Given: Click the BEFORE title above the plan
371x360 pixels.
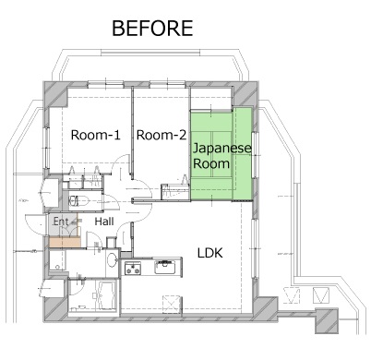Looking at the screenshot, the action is click(152, 29).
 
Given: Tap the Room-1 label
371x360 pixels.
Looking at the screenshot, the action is click(96, 135).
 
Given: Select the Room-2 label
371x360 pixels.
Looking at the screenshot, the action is click(162, 135).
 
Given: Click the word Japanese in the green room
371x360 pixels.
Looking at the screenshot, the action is click(222, 149).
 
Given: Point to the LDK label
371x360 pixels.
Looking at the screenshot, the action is click(209, 253).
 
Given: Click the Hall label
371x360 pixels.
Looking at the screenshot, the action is click(104, 222).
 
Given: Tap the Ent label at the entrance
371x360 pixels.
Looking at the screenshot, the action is click(61, 222).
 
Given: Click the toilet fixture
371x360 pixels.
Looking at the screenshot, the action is click(78, 201).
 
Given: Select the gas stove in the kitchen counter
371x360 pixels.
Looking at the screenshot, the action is click(133, 268).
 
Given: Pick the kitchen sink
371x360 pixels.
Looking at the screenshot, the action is click(165, 267).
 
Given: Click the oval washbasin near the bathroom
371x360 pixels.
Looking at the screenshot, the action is click(112, 260).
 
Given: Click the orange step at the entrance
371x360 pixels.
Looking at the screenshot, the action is click(65, 242).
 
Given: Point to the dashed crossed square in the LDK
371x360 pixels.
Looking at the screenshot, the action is click(173, 305).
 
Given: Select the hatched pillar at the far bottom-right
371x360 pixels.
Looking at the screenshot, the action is click(327, 321).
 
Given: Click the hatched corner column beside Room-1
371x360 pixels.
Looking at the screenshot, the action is click(55, 94).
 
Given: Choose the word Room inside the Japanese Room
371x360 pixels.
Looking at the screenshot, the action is click(211, 163).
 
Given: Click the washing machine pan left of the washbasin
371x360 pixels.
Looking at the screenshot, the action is click(57, 260).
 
